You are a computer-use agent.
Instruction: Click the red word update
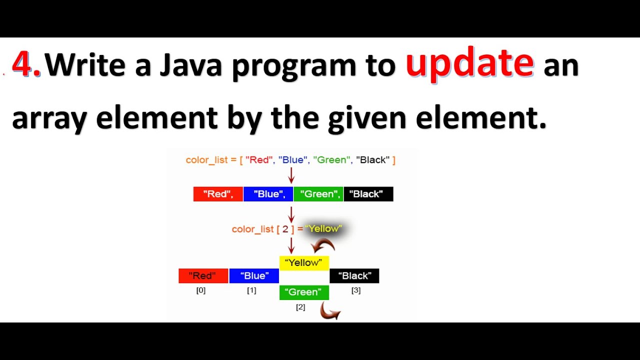[x=469, y=64]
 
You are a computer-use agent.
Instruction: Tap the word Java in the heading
[x=190, y=65]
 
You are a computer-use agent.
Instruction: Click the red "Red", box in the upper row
[x=218, y=194]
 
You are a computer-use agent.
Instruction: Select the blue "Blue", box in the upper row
[x=268, y=194]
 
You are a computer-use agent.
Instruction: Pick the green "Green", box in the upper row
[x=318, y=194]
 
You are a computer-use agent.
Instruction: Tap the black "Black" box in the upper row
[x=368, y=194]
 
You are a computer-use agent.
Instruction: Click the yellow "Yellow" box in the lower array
[x=304, y=262]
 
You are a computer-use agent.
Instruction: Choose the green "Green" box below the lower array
[x=304, y=292]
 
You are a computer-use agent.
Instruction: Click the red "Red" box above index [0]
[x=203, y=275]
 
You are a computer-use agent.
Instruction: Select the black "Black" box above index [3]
[x=354, y=275]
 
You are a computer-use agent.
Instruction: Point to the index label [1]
[x=251, y=290]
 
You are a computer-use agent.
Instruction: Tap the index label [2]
[x=300, y=307]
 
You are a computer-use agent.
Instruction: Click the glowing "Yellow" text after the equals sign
[x=323, y=228]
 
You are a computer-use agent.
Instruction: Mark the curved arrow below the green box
[x=330, y=313]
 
